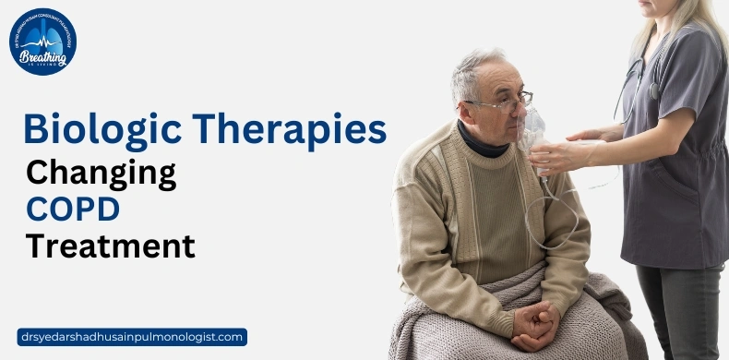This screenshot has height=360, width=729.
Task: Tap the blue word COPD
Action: [x=73, y=210]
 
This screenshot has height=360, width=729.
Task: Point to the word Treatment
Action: [x=110, y=246]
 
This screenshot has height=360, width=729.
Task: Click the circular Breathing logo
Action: [x=42, y=42]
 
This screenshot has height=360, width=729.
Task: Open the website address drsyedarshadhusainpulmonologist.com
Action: [x=132, y=337]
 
